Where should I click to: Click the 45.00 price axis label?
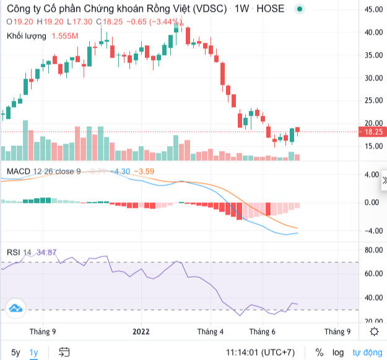click(373, 10)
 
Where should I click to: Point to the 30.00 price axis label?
click(373, 78)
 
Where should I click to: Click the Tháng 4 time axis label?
click(209, 332)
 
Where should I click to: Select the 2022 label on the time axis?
click(142, 332)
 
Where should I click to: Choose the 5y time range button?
click(16, 352)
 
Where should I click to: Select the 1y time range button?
click(33, 352)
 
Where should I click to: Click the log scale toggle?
click(337, 352)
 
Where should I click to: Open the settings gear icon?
click(374, 332)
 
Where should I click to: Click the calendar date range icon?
click(64, 352)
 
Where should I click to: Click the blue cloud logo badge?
click(15, 307)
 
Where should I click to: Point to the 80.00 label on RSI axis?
click(373, 250)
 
